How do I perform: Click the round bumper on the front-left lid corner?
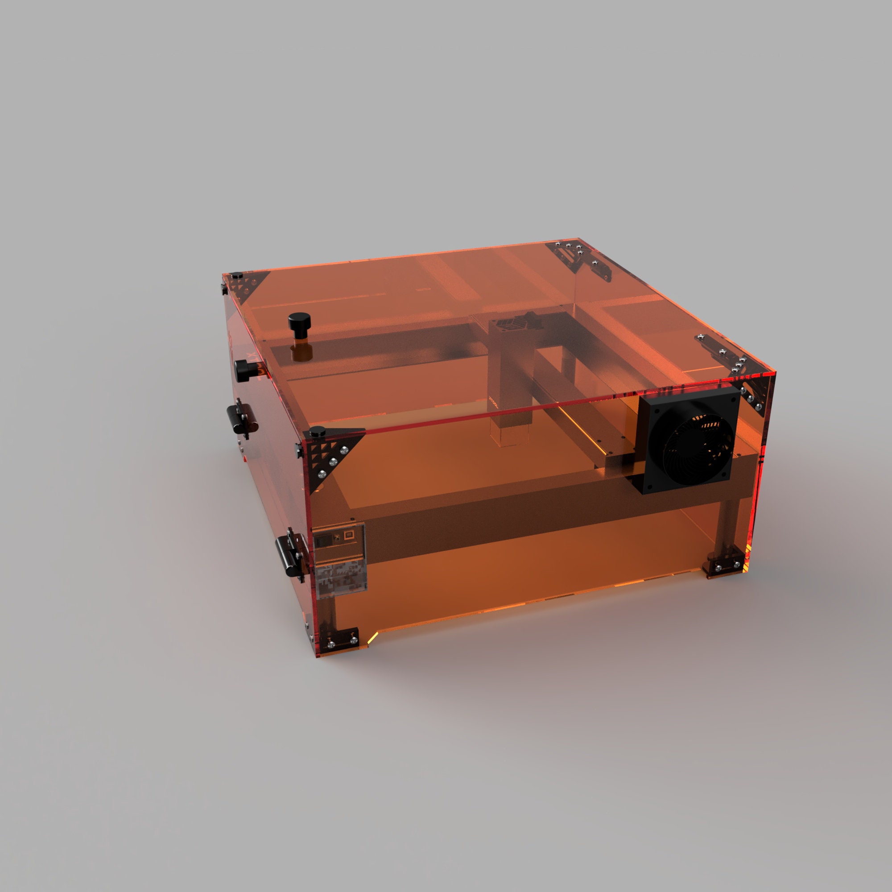[x=317, y=432]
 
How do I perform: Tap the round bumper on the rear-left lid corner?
[x=237, y=276]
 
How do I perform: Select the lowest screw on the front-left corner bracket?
[x=322, y=475]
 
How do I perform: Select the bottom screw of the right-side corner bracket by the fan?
[x=759, y=407]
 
